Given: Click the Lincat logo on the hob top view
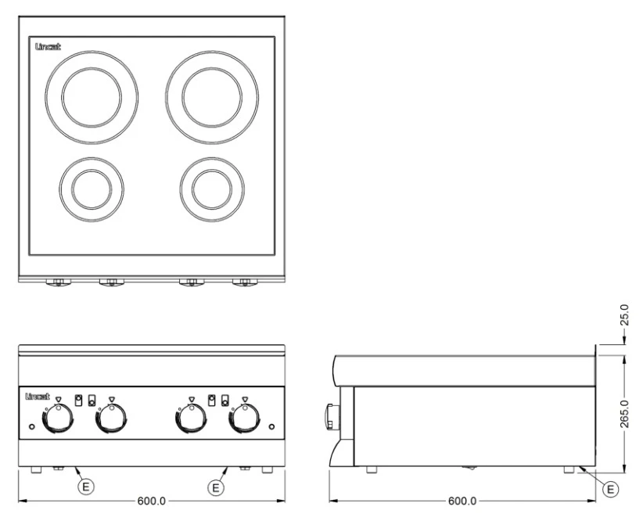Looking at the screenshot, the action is [48, 47].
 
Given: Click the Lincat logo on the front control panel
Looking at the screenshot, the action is [38, 397].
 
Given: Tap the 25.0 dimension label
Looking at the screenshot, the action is [623, 314].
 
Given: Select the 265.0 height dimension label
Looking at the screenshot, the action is [623, 414].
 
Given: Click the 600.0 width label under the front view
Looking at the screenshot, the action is [151, 501].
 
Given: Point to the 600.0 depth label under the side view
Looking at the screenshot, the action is [462, 501].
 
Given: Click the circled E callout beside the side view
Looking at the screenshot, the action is [611, 489].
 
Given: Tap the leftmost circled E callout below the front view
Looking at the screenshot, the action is [86, 487].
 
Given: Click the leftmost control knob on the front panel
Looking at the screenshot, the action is [58, 419].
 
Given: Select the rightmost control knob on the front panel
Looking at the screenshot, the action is [245, 419].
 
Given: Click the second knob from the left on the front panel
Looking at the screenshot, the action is [111, 419].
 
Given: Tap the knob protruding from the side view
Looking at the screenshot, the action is [332, 416].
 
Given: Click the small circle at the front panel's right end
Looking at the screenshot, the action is [271, 427].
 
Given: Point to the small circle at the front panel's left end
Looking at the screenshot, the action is [32, 427].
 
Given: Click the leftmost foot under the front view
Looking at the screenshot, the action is [36, 469].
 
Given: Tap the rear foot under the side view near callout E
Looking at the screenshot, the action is [569, 469].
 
